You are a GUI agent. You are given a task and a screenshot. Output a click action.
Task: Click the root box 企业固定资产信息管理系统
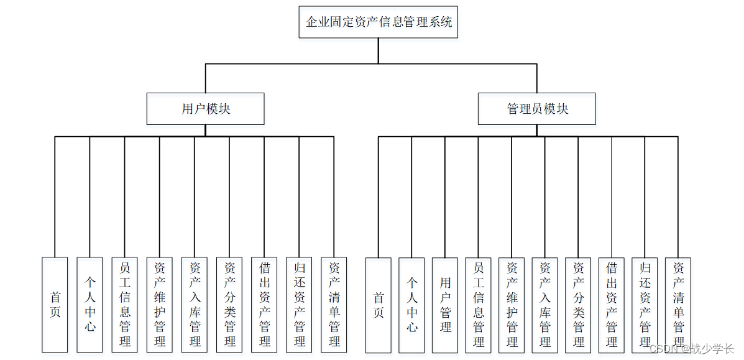click(378, 22)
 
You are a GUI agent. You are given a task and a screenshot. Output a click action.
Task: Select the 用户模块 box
click(206, 109)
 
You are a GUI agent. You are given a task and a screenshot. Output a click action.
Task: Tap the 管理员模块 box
click(537, 109)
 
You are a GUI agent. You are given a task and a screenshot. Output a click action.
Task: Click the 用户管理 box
click(445, 305)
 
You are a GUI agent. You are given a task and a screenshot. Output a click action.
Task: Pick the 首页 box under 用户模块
click(55, 305)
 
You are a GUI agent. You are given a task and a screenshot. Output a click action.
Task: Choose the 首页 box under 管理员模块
click(378, 305)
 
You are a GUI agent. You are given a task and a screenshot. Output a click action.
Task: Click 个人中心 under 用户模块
click(90, 305)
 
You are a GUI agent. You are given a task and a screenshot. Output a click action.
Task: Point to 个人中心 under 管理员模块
click(411, 305)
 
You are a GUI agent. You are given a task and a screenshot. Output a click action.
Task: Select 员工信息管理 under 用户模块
click(124, 305)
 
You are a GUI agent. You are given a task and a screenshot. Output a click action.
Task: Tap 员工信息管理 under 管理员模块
click(479, 305)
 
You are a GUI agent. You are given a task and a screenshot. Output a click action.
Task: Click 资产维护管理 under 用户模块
click(159, 305)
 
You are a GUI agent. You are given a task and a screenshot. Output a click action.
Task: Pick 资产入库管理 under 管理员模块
click(545, 305)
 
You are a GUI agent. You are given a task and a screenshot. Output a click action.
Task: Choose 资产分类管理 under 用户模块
click(229, 305)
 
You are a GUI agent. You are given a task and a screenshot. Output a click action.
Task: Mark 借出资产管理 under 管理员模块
click(612, 305)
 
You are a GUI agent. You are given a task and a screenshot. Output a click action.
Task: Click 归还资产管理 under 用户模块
click(299, 305)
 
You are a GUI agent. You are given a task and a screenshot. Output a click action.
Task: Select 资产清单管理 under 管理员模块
click(678, 305)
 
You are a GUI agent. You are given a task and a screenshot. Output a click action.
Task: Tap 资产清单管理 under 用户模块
click(334, 305)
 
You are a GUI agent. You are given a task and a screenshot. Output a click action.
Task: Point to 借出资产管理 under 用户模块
click(264, 305)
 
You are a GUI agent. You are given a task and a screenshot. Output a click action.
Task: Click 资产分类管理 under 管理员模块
click(579, 305)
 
